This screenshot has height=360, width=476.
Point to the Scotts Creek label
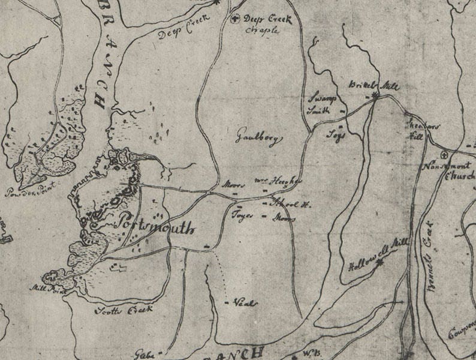click(125, 310)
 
